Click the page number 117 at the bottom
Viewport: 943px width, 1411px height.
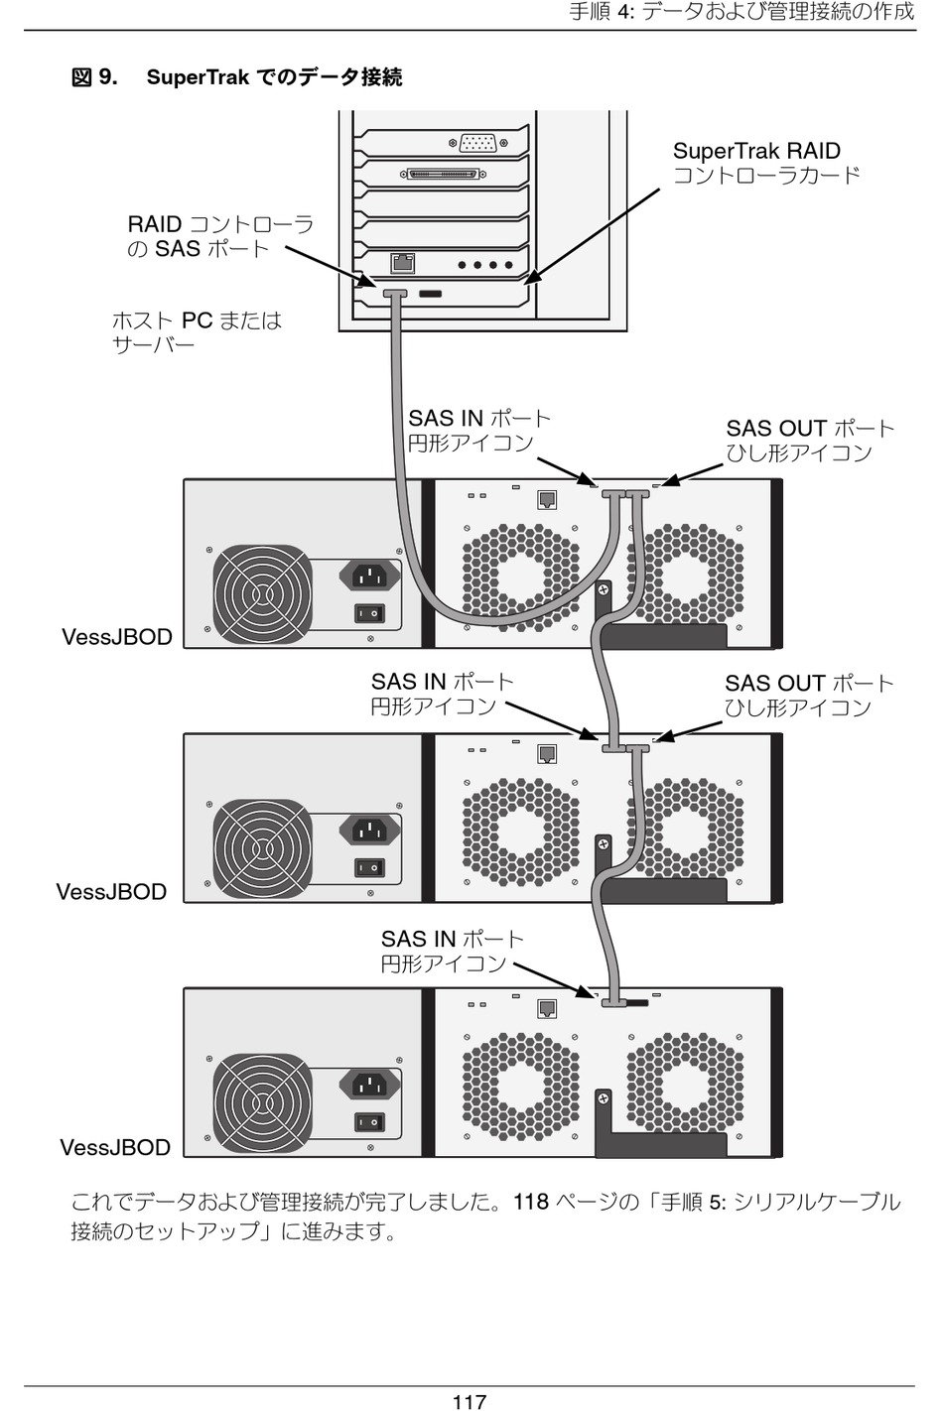[469, 1400]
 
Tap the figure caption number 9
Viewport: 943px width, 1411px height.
[107, 77]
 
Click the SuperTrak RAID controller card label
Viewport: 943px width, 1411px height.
[765, 163]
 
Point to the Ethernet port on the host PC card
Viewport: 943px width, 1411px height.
[403, 264]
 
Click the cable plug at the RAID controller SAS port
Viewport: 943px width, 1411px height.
[395, 294]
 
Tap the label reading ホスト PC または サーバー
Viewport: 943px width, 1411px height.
[197, 332]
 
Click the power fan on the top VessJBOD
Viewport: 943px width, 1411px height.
[262, 592]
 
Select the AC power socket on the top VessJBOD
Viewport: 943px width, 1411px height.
[369, 575]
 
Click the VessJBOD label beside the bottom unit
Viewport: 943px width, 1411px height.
[115, 1148]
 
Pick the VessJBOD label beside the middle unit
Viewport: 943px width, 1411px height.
[111, 892]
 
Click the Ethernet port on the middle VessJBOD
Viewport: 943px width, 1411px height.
[546, 754]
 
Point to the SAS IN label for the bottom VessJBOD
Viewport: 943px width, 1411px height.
[452, 952]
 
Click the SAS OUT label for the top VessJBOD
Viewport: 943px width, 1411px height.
[809, 441]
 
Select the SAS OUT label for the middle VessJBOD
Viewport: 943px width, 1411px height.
[808, 696]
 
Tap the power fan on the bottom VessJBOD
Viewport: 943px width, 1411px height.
[262, 1102]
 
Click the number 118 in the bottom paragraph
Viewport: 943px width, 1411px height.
[531, 1203]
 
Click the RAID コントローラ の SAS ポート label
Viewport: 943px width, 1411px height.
[220, 236]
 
